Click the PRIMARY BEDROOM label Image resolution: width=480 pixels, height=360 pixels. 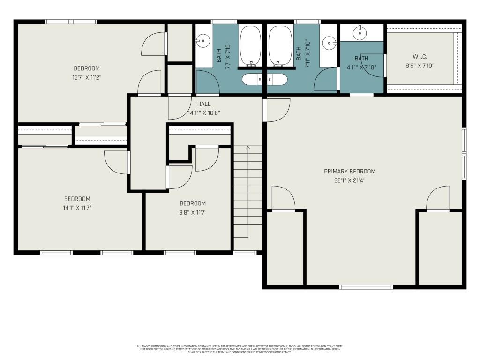tap(350, 172)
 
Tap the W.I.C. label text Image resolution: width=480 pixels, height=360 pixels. tap(420, 57)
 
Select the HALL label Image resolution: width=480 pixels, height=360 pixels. tap(204, 104)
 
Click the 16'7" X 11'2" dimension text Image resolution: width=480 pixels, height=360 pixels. tap(87, 77)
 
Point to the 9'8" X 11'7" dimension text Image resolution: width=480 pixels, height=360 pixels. tap(193, 212)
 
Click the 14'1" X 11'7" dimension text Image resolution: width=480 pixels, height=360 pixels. tap(77, 207)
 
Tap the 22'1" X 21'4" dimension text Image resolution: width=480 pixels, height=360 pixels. tap(350, 180)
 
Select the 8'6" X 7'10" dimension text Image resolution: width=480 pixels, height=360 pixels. tap(420, 66)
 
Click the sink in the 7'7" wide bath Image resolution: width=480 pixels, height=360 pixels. tap(202, 41)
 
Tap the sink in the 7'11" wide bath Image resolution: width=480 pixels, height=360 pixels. tap(330, 44)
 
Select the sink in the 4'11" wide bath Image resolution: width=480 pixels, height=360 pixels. tap(360, 33)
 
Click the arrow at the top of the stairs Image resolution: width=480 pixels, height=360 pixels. tap(248, 148)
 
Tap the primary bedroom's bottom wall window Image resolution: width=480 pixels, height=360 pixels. tap(366, 286)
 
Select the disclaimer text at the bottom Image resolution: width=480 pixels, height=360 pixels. tap(240, 349)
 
